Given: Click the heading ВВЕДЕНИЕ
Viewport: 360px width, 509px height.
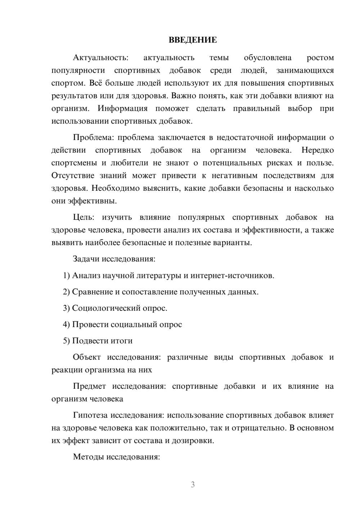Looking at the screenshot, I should click(x=193, y=40).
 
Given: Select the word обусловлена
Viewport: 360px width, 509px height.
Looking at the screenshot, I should click(x=267, y=58).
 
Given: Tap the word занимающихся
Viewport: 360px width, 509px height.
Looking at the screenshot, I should click(x=305, y=71).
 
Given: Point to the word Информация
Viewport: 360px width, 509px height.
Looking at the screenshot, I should click(x=123, y=108).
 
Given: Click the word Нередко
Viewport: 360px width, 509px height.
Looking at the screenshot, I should click(x=318, y=150).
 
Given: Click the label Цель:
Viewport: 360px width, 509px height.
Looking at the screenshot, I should click(x=84, y=217).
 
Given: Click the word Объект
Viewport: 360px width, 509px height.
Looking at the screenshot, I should click(x=86, y=357).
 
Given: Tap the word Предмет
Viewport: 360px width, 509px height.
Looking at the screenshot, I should click(x=89, y=386).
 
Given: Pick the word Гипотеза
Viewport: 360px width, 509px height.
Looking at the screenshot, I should click(x=90, y=415).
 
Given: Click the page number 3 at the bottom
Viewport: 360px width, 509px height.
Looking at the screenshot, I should click(x=193, y=485).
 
